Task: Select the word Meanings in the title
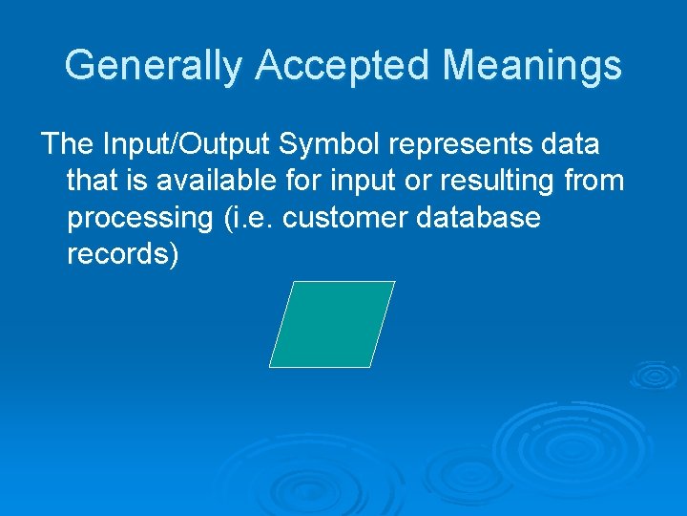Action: (x=532, y=66)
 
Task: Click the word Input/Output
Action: (x=186, y=145)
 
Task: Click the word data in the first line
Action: (x=569, y=145)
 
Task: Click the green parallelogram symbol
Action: (x=332, y=324)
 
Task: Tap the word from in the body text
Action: (x=593, y=182)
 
